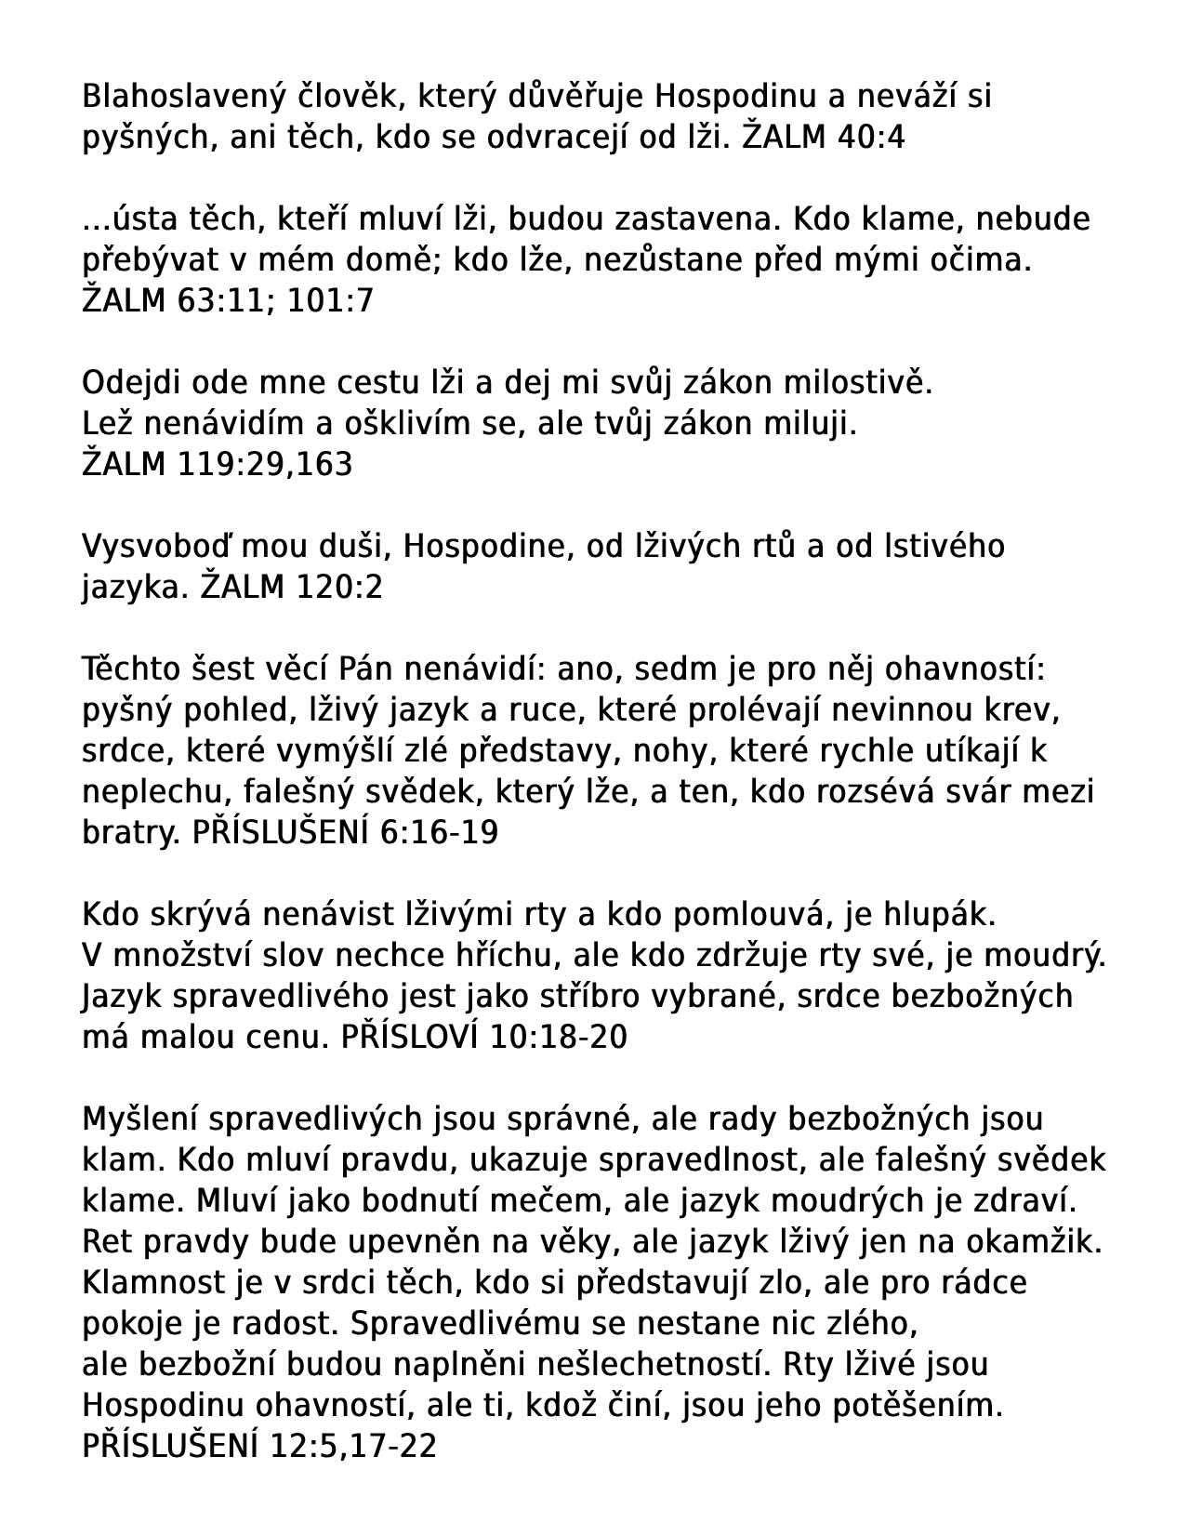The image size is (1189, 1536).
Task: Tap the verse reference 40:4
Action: pyautogui.click(x=871, y=138)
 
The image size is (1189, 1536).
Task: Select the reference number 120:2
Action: pyautogui.click(x=339, y=588)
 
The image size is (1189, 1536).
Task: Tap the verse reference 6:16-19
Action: pyautogui.click(x=440, y=832)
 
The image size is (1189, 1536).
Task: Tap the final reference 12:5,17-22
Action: pyautogui.click(x=353, y=1446)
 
